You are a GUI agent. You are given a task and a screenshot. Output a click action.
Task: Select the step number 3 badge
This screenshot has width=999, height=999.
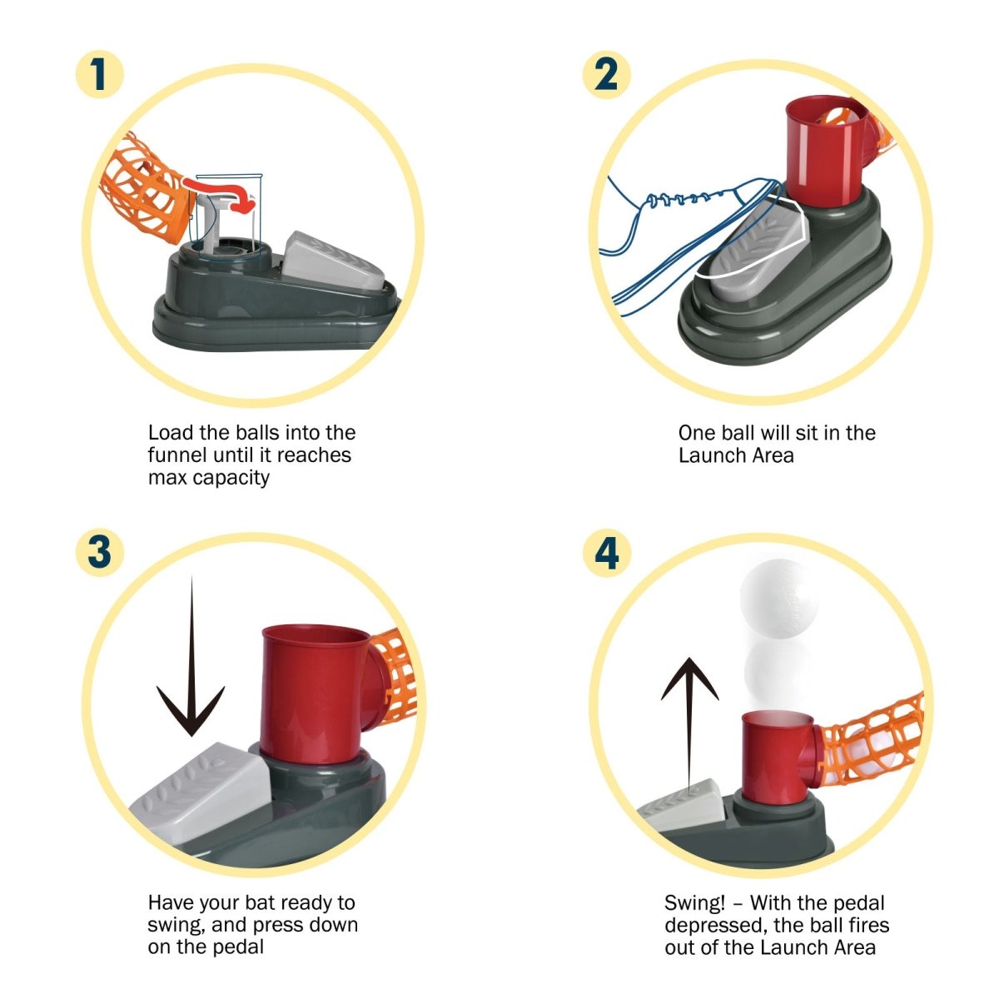click(x=100, y=552)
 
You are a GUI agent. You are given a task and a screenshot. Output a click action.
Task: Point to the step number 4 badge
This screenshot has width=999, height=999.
click(x=606, y=552)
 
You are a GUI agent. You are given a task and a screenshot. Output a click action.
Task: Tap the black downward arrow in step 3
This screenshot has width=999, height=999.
click(x=191, y=656)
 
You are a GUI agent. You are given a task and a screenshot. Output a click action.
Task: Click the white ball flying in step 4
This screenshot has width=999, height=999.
click(x=779, y=598)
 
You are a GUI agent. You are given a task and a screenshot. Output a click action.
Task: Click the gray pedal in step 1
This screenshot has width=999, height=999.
click(x=332, y=261)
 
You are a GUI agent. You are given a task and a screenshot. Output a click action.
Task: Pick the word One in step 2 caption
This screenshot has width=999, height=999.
click(x=698, y=433)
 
